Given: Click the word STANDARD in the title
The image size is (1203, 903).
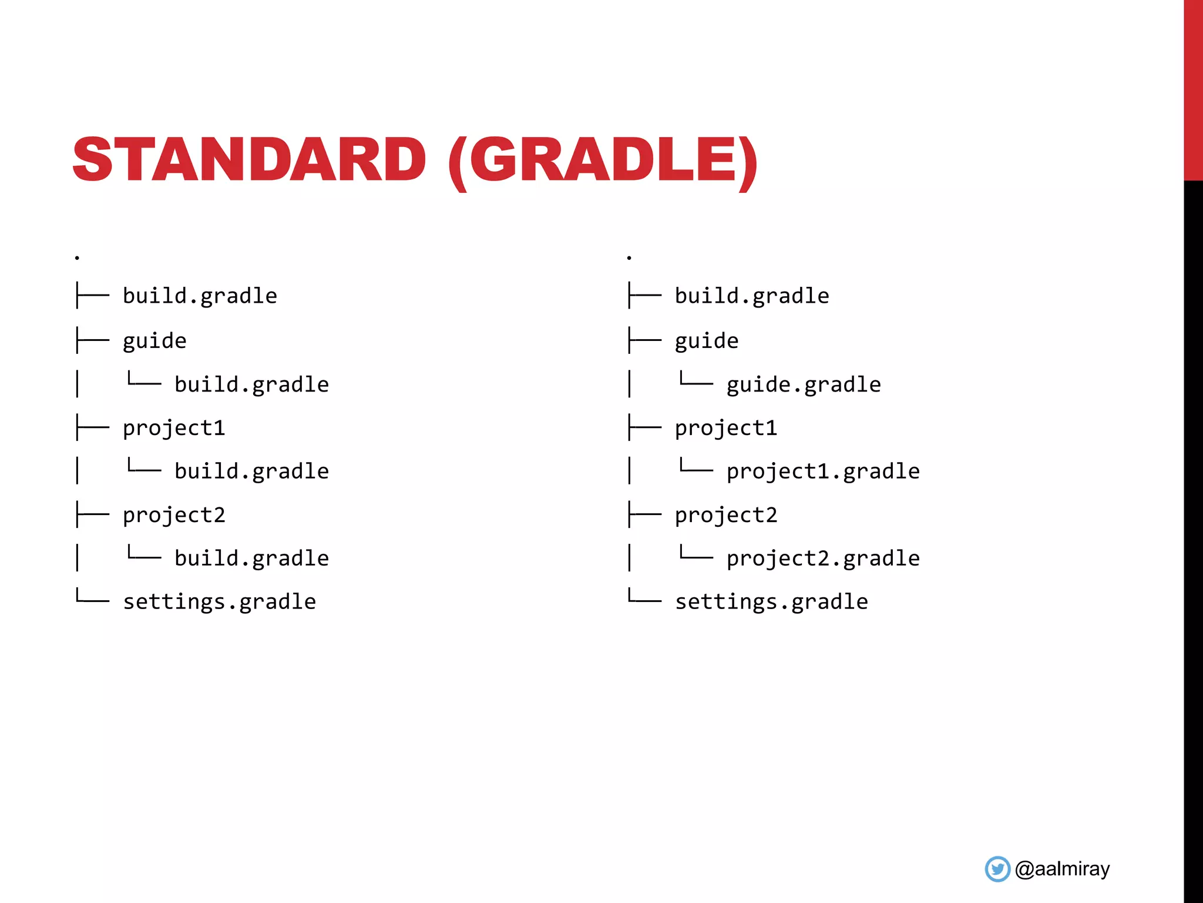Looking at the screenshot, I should pyautogui.click(x=249, y=159).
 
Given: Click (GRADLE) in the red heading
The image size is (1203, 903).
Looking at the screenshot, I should pyautogui.click(x=603, y=160).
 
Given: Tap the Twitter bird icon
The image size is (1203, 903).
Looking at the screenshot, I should pyautogui.click(x=997, y=869).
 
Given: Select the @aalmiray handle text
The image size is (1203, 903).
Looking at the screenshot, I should pyautogui.click(x=1062, y=869).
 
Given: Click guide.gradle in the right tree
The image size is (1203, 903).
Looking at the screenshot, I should pyautogui.click(x=804, y=385).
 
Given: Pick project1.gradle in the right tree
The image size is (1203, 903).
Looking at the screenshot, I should pyautogui.click(x=823, y=471).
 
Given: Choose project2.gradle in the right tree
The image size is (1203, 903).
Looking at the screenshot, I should pyautogui.click(x=823, y=558).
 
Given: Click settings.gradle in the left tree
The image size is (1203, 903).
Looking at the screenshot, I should pyautogui.click(x=220, y=602).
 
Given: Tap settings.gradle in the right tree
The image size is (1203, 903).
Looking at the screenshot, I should pyautogui.click(x=771, y=602).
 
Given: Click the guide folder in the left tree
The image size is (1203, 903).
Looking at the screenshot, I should pyautogui.click(x=154, y=342).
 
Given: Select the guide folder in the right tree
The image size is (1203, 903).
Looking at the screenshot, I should pyautogui.click(x=707, y=342).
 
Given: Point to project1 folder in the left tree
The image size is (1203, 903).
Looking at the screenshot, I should pyautogui.click(x=174, y=429).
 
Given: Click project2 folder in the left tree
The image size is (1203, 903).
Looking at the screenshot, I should pyautogui.click(x=174, y=516).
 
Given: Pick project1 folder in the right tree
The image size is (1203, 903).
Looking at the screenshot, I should pyautogui.click(x=726, y=429).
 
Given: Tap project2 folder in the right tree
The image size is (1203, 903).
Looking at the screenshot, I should pyautogui.click(x=726, y=516).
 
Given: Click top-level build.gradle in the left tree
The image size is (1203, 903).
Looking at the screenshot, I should pyautogui.click(x=200, y=296).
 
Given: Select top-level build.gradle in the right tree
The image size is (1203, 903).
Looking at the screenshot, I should pyautogui.click(x=752, y=296).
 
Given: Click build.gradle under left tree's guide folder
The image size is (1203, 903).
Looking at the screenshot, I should pyautogui.click(x=251, y=385).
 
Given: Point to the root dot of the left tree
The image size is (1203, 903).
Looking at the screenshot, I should pyautogui.click(x=77, y=257).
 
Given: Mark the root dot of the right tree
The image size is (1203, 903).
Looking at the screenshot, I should pyautogui.click(x=629, y=257).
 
